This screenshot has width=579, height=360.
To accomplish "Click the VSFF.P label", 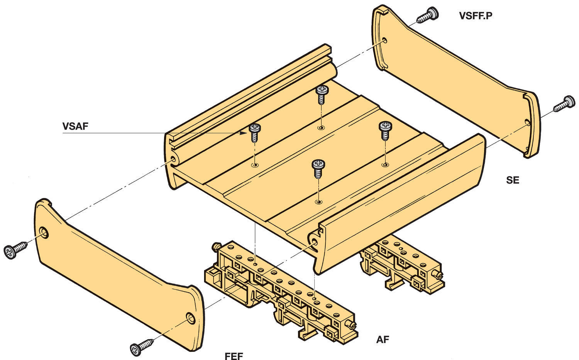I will tap(476, 16).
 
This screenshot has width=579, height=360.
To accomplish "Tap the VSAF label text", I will tap(75, 126).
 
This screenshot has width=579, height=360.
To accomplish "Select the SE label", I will tap(513, 180).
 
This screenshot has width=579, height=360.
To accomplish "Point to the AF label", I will tap(383, 340).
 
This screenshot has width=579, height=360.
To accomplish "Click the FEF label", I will tap(234, 356).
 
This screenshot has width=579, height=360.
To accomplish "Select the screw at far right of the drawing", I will tap(565, 103).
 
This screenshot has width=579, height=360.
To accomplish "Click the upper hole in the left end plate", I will tap(44, 232).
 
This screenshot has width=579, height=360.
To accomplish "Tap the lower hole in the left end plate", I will tap(191, 318).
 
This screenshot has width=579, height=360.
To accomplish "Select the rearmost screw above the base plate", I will tap(322, 94).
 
